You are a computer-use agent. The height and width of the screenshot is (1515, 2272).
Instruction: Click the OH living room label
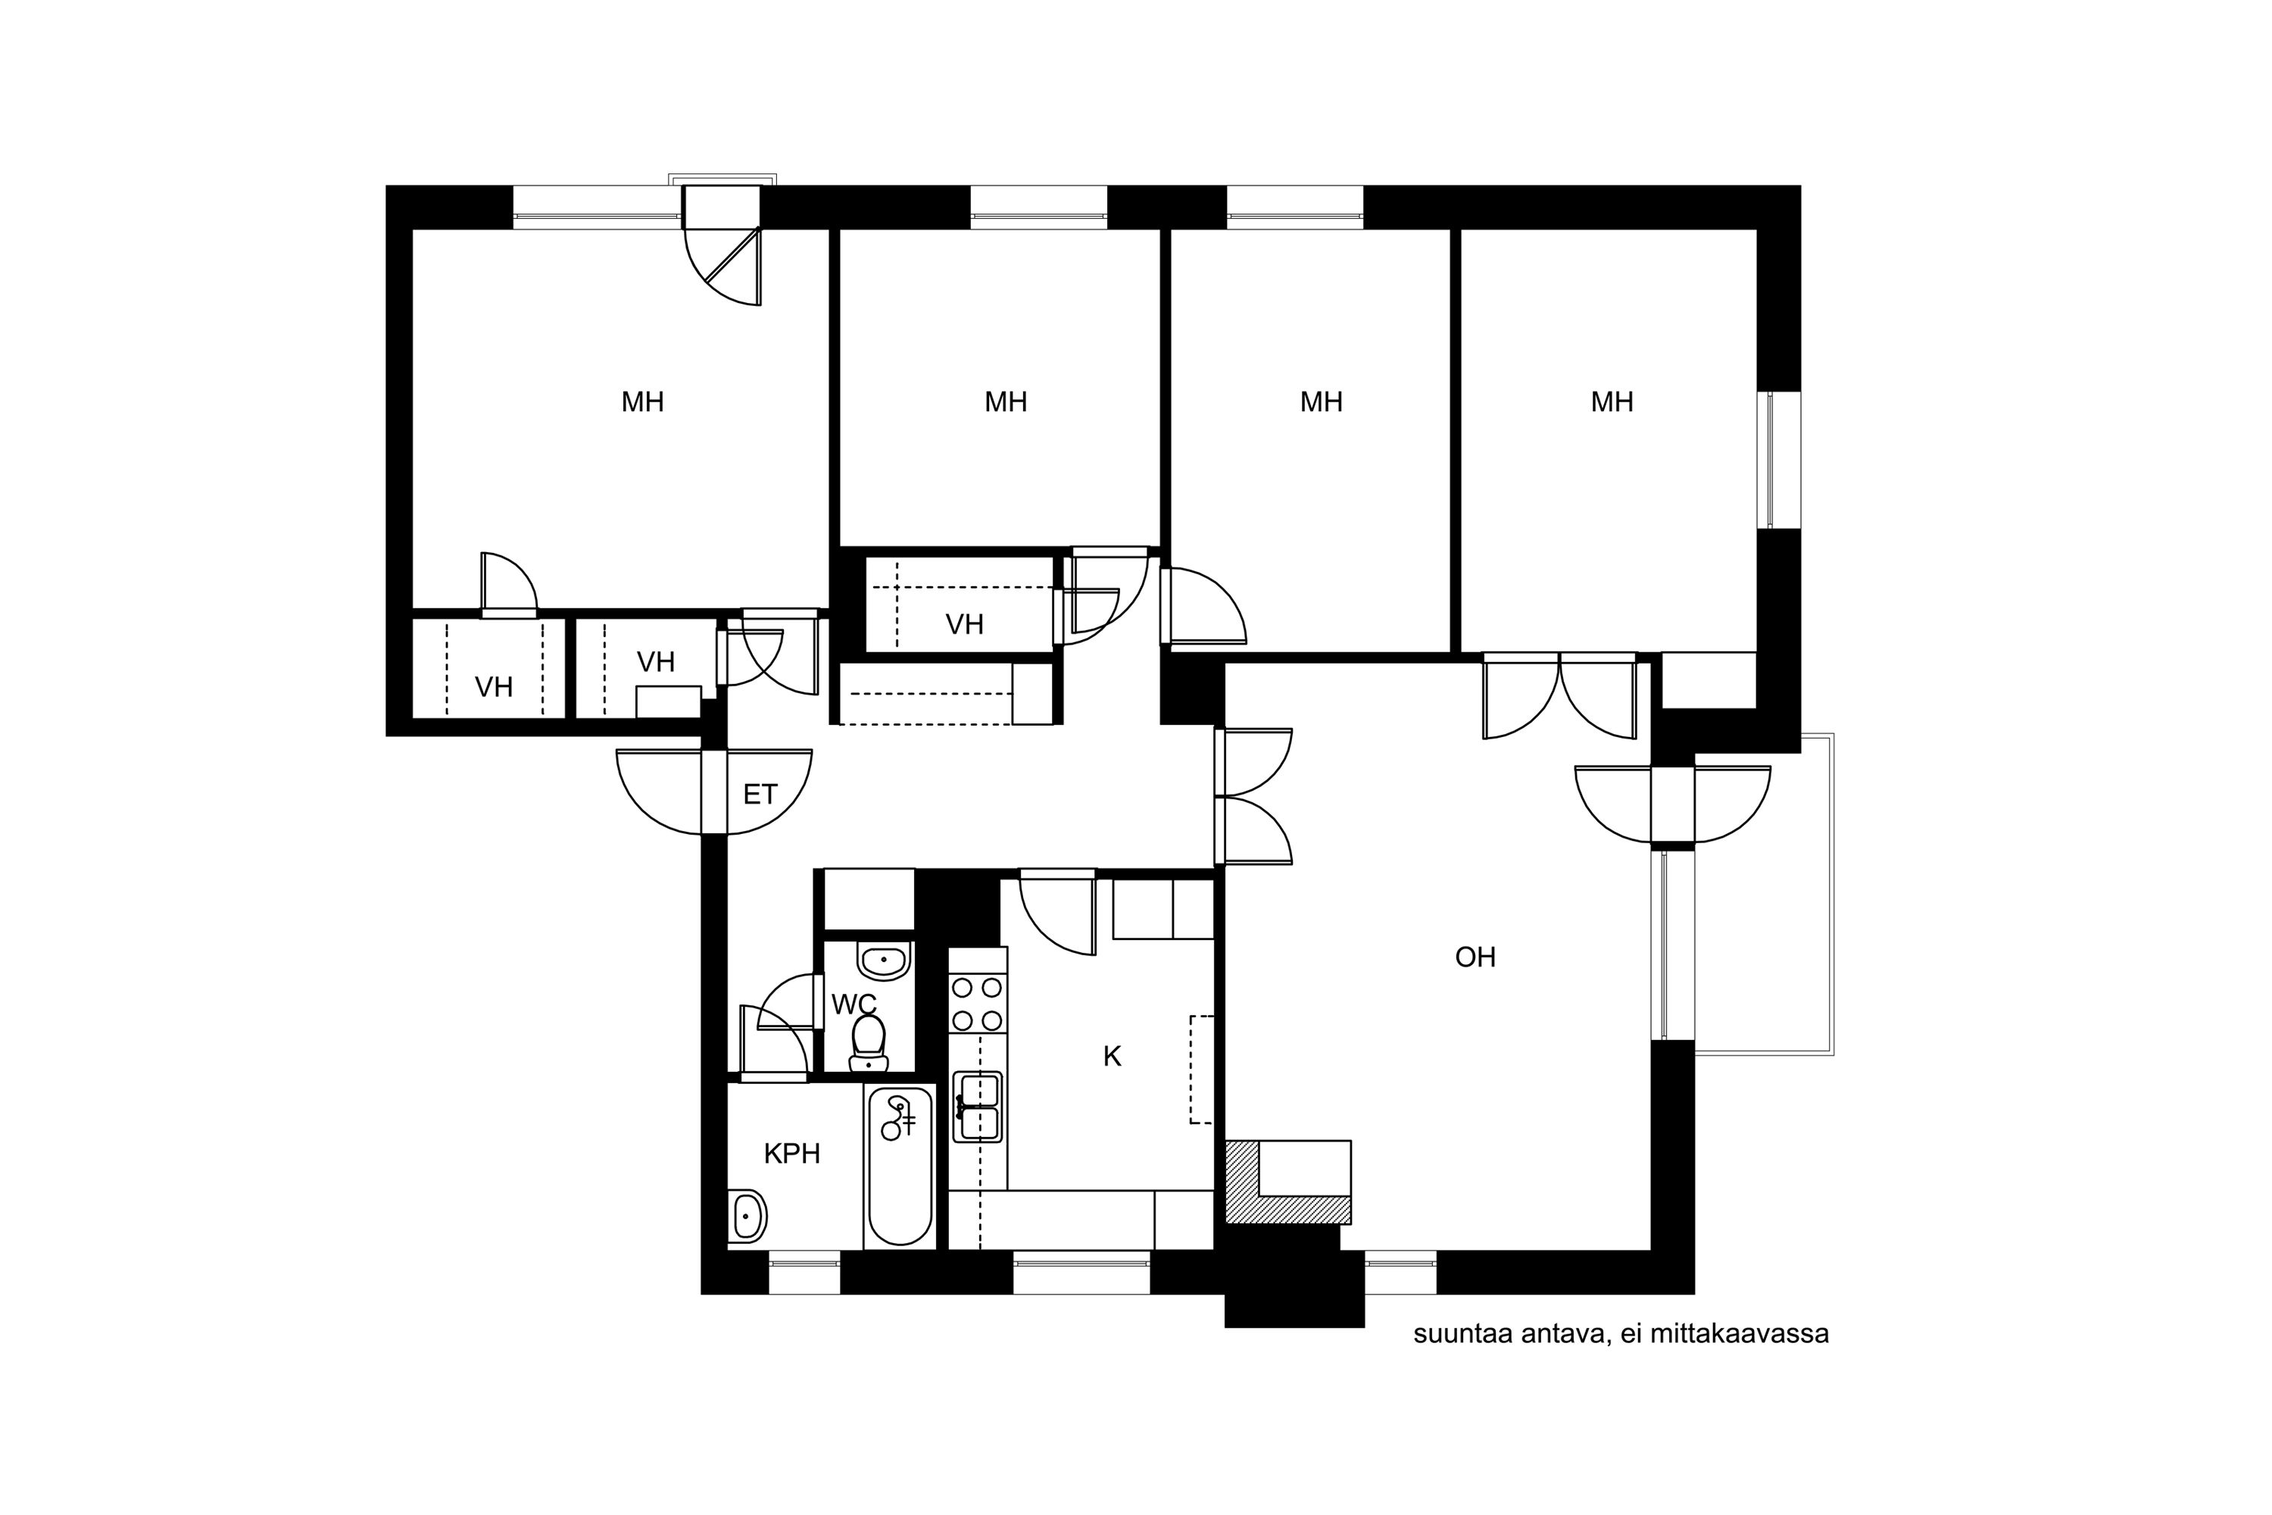tap(1475, 957)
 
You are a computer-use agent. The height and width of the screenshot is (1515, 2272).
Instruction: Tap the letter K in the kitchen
tap(1112, 1057)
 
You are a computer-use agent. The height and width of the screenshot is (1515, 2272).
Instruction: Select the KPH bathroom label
tap(792, 1154)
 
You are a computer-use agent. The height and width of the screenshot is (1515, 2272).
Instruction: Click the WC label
tap(854, 1005)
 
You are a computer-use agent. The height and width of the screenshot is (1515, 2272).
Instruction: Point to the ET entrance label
tap(760, 794)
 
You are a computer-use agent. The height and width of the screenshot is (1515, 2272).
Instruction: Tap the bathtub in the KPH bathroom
tap(900, 1167)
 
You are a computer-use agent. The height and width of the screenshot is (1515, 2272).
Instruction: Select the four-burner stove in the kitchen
tap(978, 1004)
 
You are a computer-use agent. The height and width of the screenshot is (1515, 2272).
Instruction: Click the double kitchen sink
tap(978, 1106)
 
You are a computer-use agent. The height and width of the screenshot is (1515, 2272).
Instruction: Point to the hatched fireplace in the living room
tap(1287, 1182)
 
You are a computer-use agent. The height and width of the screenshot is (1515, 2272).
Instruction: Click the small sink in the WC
tap(884, 961)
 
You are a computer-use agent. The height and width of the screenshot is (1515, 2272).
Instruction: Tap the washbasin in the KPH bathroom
tap(747, 1217)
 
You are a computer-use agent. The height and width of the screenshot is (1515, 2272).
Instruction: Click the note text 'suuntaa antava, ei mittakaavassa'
tap(1621, 1334)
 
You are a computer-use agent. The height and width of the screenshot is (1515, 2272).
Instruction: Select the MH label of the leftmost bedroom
tap(642, 402)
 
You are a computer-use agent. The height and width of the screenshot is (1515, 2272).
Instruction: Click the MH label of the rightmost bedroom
tap(1612, 402)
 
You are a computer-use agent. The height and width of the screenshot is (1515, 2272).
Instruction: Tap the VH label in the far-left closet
tap(494, 688)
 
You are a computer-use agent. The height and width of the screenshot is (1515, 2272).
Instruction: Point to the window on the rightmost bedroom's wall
tap(1778, 460)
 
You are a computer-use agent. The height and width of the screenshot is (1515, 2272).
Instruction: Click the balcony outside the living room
tap(1764, 894)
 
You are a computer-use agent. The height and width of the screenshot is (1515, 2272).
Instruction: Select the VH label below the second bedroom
tap(964, 625)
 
